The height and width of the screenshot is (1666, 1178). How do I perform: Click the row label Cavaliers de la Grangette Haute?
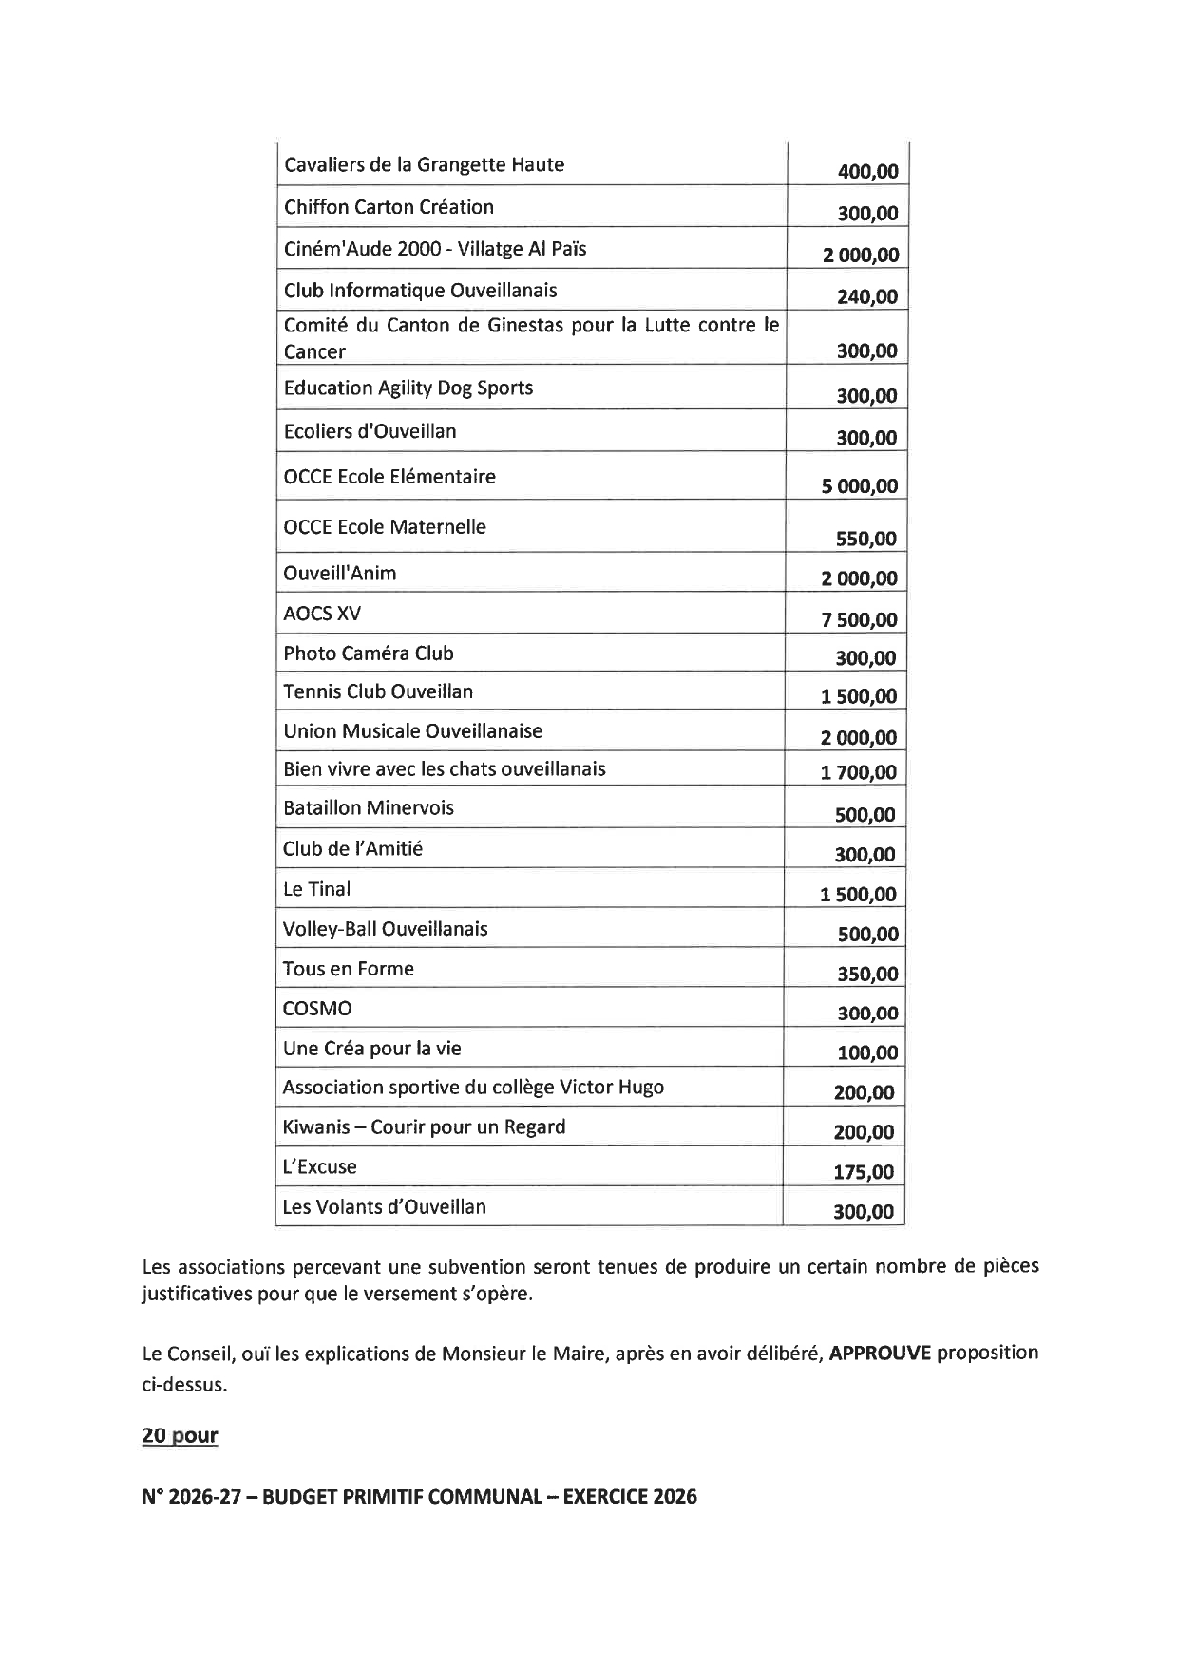click(x=424, y=165)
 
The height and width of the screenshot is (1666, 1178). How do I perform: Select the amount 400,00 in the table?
click(x=867, y=172)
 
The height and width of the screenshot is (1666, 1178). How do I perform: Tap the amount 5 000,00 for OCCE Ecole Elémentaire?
click(x=859, y=486)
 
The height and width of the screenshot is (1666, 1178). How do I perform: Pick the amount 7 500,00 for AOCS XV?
click(x=859, y=620)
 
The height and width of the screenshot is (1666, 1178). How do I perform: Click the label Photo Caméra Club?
click(x=369, y=653)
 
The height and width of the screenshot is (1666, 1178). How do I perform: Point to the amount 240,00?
click(x=866, y=296)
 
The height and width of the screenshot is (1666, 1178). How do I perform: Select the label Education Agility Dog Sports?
click(x=408, y=388)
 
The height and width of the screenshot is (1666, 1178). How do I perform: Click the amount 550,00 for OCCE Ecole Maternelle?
click(x=865, y=539)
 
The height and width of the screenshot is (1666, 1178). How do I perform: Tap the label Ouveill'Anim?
click(x=340, y=574)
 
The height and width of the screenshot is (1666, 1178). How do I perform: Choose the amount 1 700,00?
click(x=858, y=772)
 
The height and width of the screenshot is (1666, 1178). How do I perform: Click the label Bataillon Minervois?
click(x=369, y=808)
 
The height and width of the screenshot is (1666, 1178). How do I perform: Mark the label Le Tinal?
click(x=316, y=890)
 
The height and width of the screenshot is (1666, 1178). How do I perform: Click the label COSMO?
click(x=317, y=1009)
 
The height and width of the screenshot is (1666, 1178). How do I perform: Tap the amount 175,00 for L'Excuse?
click(x=864, y=1172)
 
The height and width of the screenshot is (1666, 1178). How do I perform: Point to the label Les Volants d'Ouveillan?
click(x=385, y=1207)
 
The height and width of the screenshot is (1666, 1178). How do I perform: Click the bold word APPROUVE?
click(x=880, y=1353)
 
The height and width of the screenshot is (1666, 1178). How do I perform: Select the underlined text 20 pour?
click(x=180, y=1435)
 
